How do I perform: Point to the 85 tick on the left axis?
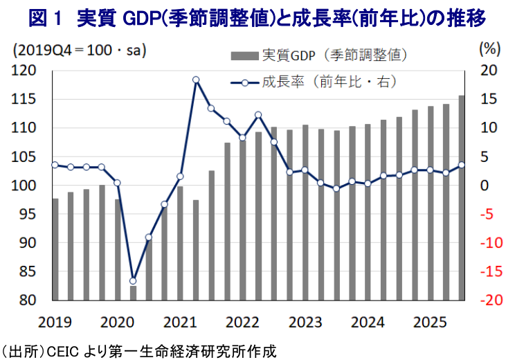[26, 272]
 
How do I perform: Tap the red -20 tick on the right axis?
[487, 300]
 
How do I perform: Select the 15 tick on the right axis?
[487, 100]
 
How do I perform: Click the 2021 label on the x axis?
[179, 322]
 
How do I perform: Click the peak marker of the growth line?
[195, 80]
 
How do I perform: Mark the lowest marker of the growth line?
[133, 280]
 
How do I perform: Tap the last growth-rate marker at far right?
[462, 165]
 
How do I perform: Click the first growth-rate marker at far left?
[55, 165]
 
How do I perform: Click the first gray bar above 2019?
[55, 249]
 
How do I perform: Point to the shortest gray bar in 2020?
[133, 293]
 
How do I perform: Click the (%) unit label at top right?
[489, 49]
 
